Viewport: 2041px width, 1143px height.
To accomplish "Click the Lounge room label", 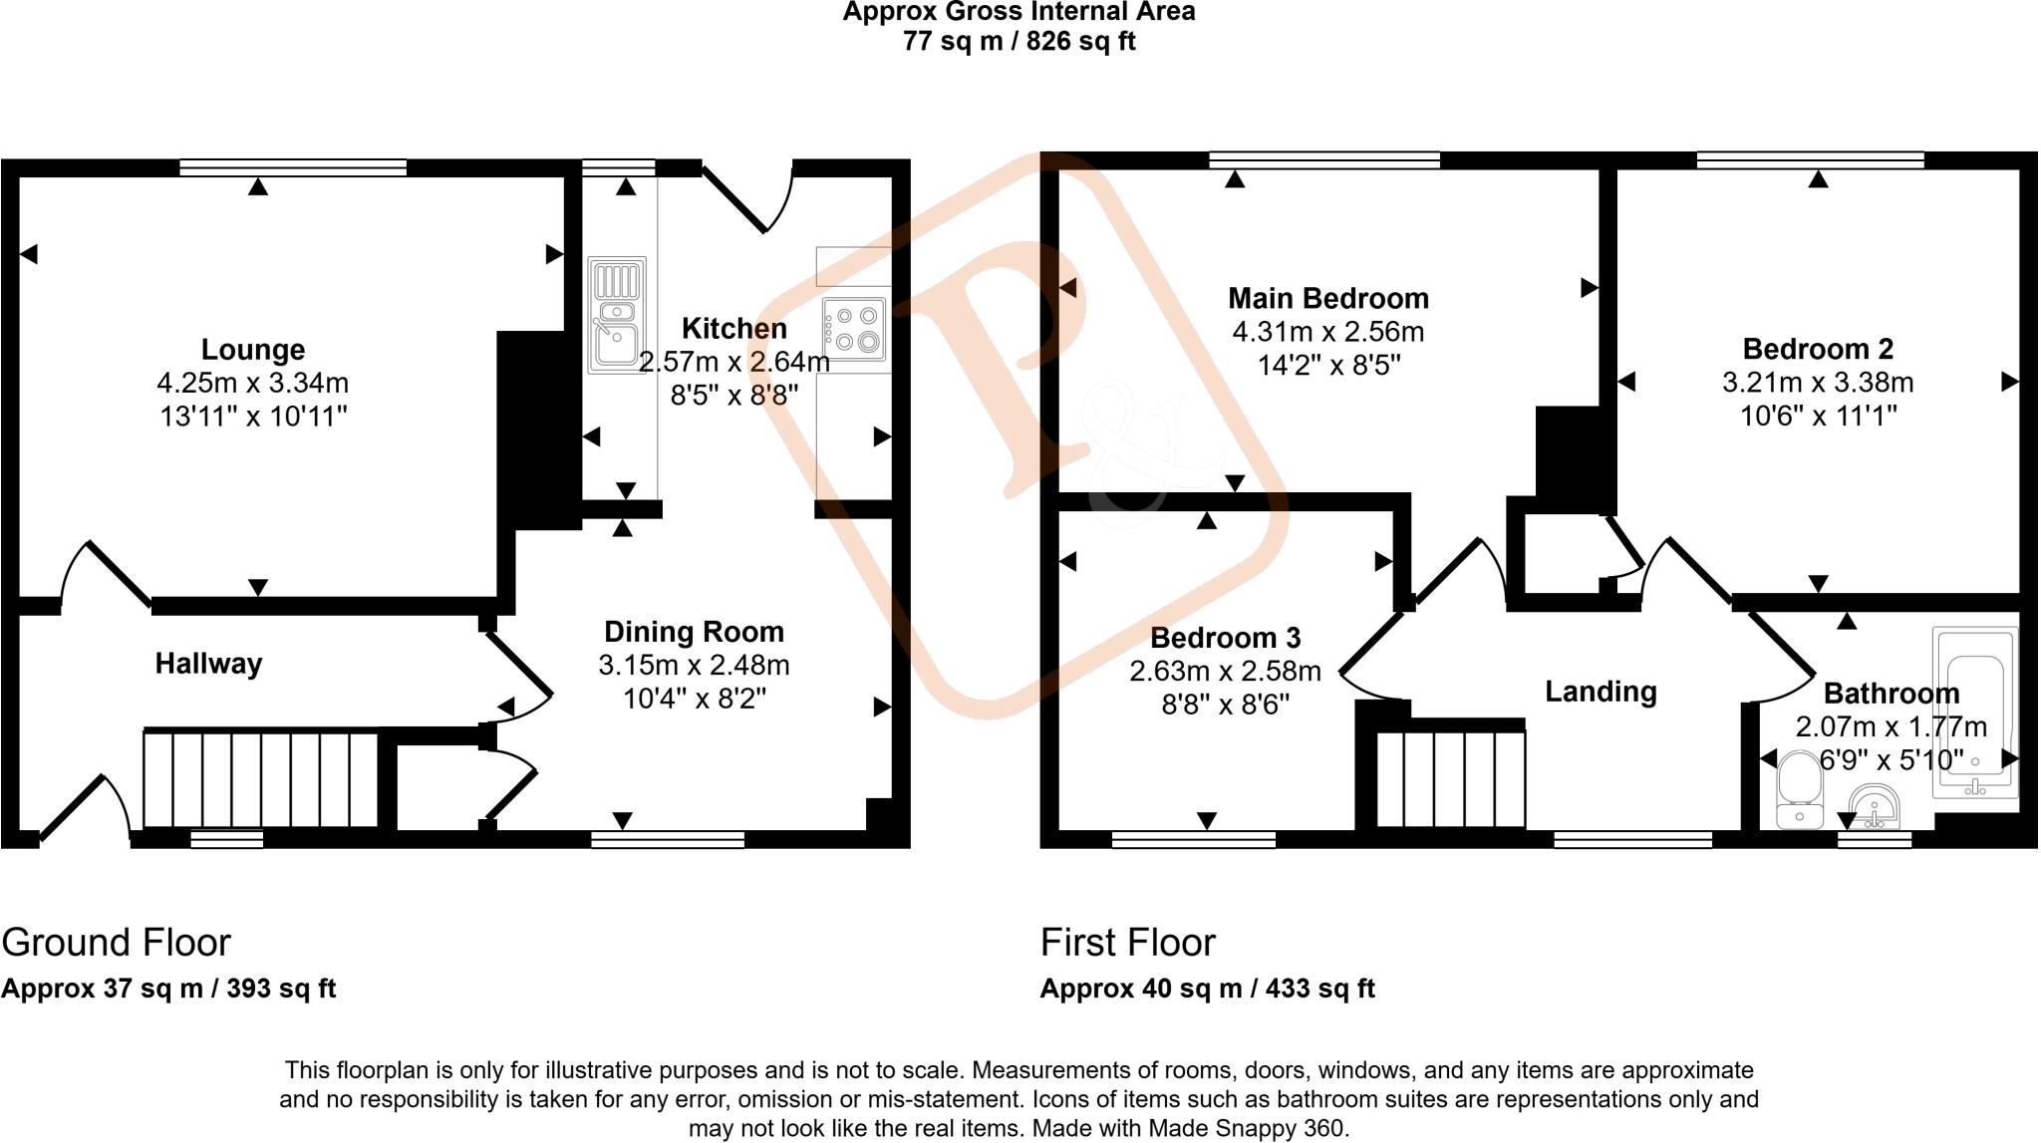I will pyautogui.click(x=253, y=350).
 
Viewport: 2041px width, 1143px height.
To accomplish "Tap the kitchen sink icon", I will pyautogui.click(x=617, y=315).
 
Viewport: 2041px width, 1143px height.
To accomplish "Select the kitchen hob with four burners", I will pyautogui.click(x=855, y=329).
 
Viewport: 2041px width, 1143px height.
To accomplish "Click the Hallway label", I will pyautogui.click(x=208, y=664).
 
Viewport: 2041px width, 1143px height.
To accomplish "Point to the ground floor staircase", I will pyautogui.click(x=261, y=780).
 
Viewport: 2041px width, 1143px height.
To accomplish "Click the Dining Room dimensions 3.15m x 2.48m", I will pyautogui.click(x=694, y=665).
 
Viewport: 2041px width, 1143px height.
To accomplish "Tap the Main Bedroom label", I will pyautogui.click(x=1327, y=298).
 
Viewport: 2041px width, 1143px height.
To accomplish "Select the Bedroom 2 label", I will pyautogui.click(x=1817, y=349).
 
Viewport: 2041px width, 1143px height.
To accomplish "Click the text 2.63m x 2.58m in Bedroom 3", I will pyautogui.click(x=1225, y=672).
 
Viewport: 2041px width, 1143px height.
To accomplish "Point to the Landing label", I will pyautogui.click(x=1600, y=692).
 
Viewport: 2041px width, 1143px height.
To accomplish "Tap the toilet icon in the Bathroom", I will pyautogui.click(x=1799, y=791).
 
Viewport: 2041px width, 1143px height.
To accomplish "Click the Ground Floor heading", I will pyautogui.click(x=117, y=943).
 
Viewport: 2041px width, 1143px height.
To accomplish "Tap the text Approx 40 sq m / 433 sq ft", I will pyautogui.click(x=1207, y=989).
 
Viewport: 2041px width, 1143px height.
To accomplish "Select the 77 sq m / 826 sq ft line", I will pyautogui.click(x=1019, y=42).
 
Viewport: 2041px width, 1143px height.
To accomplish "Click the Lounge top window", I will pyautogui.click(x=293, y=167).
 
